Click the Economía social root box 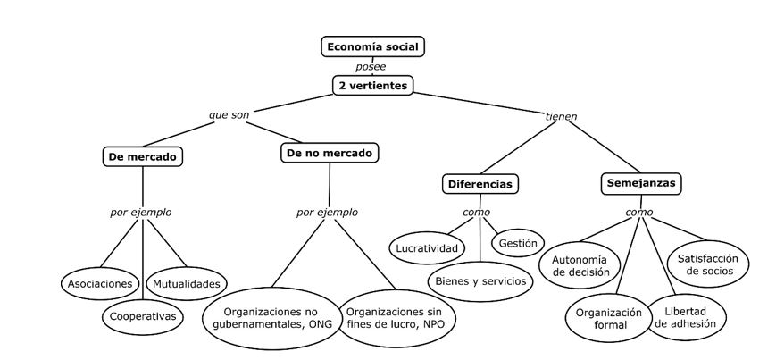[372, 46]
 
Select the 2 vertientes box [371, 86]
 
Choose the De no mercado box [330, 154]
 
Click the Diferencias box [480, 185]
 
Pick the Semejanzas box [638, 183]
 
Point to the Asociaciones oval [100, 284]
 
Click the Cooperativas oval [143, 315]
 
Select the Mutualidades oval [185, 284]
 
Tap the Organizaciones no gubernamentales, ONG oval [272, 317]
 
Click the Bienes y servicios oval [481, 280]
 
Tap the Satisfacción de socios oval [708, 264]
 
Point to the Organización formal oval [608, 319]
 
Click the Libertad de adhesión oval [686, 317]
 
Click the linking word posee [371, 66]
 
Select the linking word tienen [561, 116]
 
